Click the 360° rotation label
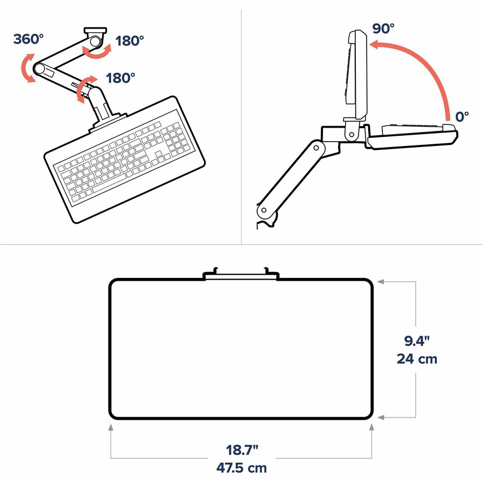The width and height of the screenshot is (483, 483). click(28, 39)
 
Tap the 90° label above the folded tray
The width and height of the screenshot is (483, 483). click(383, 28)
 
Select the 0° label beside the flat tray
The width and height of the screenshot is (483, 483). click(462, 117)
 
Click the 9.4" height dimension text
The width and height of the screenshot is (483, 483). click(417, 341)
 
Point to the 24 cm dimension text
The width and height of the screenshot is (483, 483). click(417, 359)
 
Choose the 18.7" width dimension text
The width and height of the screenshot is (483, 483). click(242, 450)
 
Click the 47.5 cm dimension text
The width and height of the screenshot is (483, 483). click(241, 468)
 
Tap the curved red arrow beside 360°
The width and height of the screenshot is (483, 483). click(25, 68)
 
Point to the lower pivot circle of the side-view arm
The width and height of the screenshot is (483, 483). click(264, 210)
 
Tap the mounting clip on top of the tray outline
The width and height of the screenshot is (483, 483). click(241, 274)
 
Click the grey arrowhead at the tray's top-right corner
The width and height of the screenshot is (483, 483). click(380, 281)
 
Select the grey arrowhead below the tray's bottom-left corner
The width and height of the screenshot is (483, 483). click(111, 427)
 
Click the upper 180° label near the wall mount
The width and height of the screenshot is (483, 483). click(130, 41)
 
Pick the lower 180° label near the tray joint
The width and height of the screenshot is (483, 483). click(120, 78)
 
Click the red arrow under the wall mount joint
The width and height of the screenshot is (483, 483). click(97, 52)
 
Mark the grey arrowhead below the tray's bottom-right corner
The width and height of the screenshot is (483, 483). click(372, 427)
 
